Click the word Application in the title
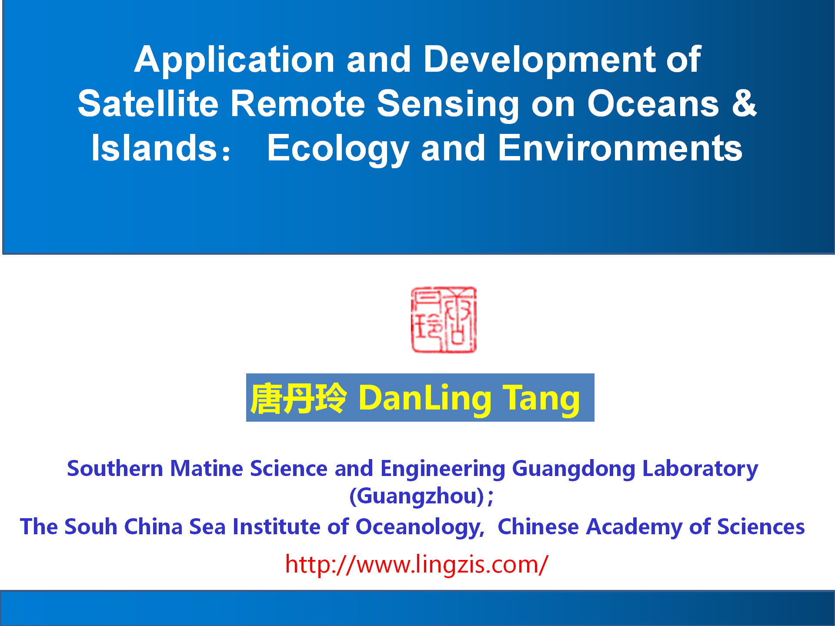(234, 60)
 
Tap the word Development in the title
(539, 60)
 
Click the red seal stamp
(444, 320)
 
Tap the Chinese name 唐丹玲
(298, 398)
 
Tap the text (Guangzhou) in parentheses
(417, 496)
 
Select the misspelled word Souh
(91, 526)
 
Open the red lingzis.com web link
(417, 565)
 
